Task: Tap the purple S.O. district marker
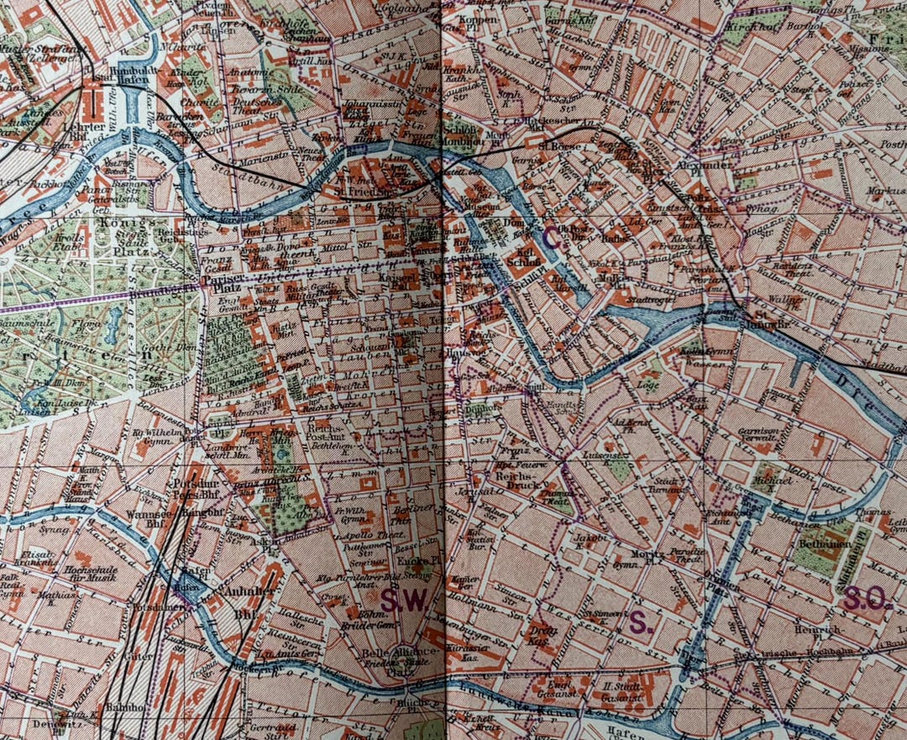(x=866, y=598)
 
